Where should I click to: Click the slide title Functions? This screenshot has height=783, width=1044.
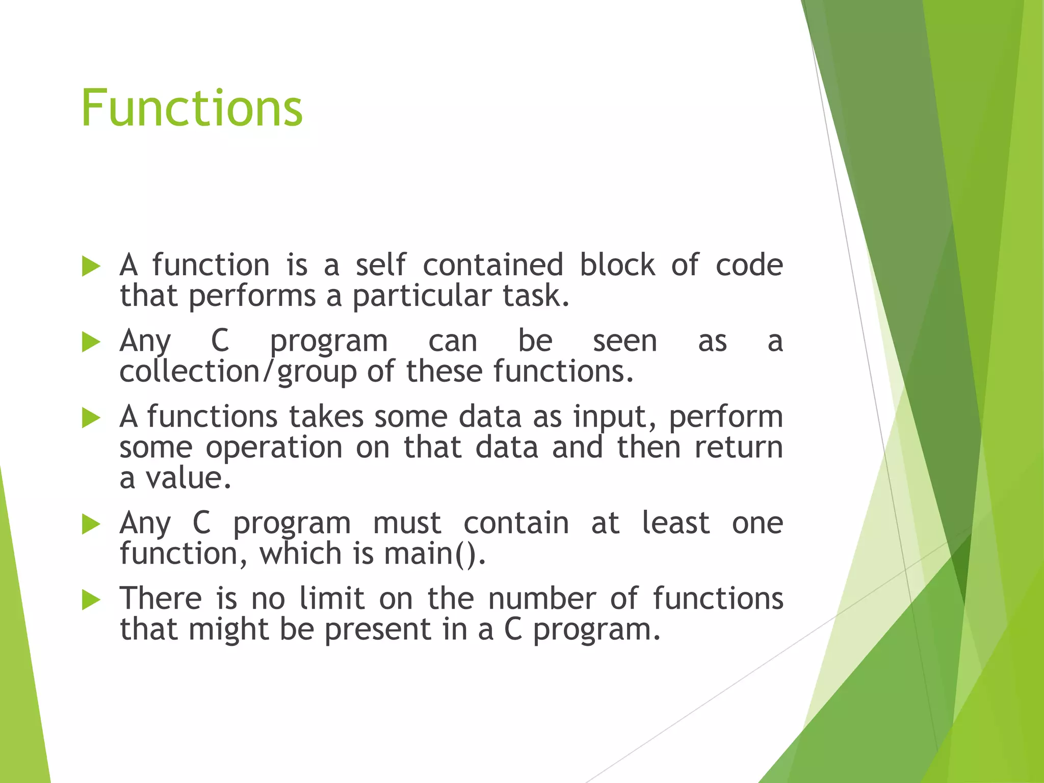[x=192, y=108]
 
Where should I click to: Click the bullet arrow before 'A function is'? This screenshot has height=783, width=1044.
[x=91, y=266]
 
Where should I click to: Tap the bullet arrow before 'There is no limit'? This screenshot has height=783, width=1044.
[x=91, y=599]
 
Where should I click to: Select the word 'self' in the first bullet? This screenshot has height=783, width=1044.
[x=380, y=265]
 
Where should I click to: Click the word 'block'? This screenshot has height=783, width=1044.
[x=617, y=265]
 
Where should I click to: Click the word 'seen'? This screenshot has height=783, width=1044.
[x=624, y=341]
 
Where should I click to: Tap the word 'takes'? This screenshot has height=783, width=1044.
[x=326, y=417]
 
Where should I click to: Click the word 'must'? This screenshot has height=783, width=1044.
[x=407, y=524]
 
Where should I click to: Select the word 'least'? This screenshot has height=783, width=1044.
[x=675, y=524]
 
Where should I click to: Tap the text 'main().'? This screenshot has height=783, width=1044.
[x=435, y=554]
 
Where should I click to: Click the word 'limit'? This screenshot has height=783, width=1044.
[x=332, y=598]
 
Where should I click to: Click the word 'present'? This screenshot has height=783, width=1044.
[x=378, y=630]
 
